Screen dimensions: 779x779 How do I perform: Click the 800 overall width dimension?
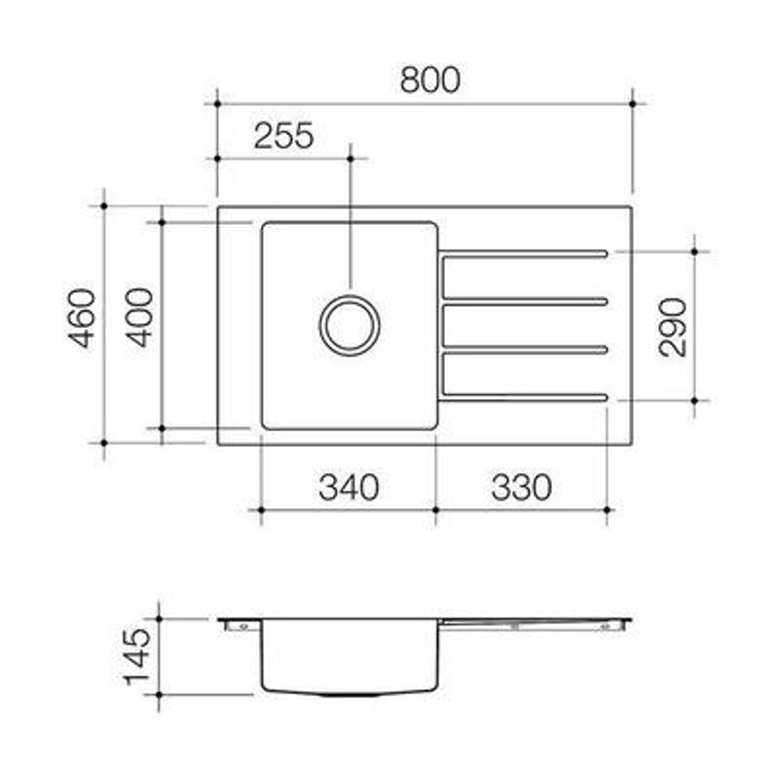pos(430,79)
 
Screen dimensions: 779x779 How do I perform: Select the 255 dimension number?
pos(283,136)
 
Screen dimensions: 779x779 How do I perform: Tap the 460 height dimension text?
pos(82,318)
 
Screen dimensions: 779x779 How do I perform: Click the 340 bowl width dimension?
pos(349,488)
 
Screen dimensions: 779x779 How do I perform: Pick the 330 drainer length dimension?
pos(521,488)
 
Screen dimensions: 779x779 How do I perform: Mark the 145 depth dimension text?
pos(138,657)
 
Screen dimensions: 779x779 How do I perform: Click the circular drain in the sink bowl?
pos(350,325)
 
